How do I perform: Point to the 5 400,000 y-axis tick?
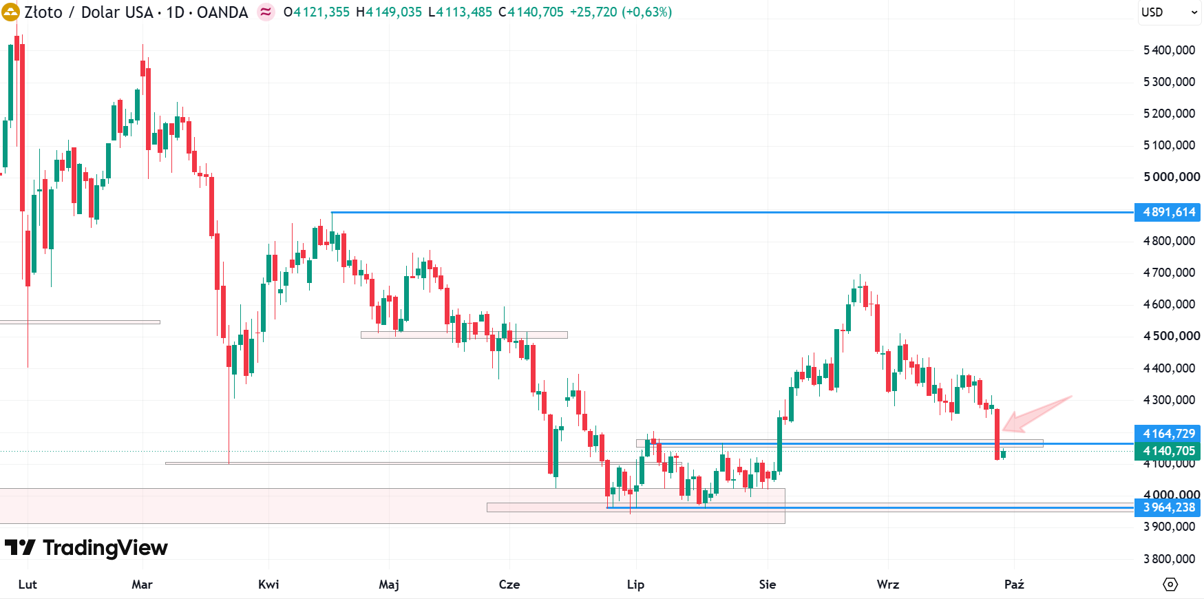(x=1169, y=50)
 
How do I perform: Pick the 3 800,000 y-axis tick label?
(x=1169, y=559)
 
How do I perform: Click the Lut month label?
(x=28, y=585)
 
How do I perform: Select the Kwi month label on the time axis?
(x=268, y=585)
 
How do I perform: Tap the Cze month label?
(x=509, y=585)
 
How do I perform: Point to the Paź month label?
(x=1014, y=585)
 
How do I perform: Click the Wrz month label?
(x=888, y=585)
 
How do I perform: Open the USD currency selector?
(x=1169, y=12)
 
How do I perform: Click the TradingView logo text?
(x=105, y=548)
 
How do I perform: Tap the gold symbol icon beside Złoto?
(x=10, y=12)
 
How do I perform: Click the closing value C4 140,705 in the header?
(x=531, y=12)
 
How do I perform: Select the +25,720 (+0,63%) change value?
(x=621, y=12)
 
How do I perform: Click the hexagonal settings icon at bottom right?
(x=1170, y=585)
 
